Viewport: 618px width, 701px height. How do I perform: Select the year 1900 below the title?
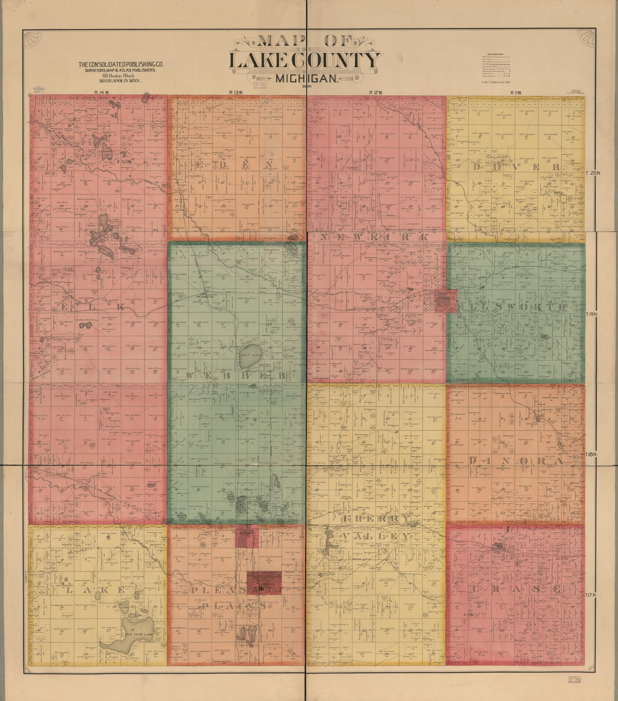point(306,86)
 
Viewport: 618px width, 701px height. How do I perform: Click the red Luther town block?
point(446,301)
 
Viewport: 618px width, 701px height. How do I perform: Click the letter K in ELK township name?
point(119,307)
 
